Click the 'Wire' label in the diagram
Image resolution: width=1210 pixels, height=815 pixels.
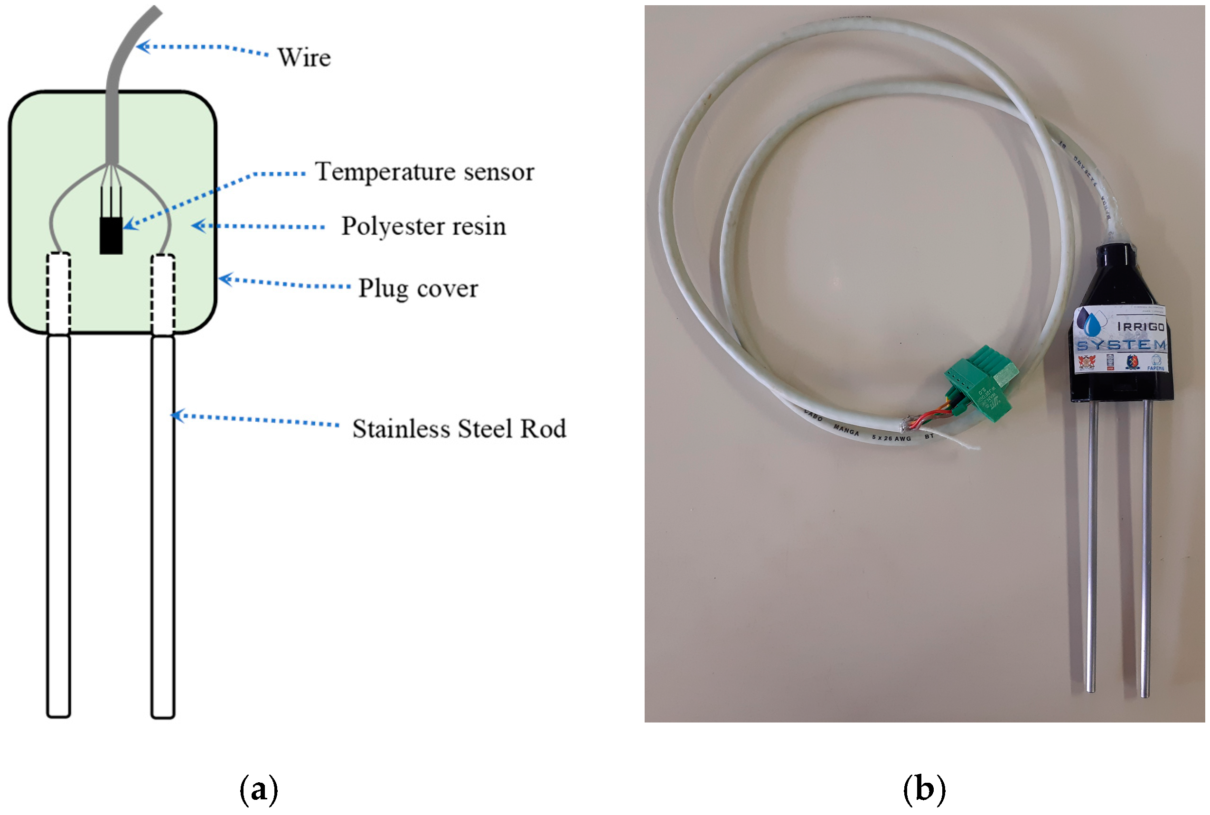(x=304, y=57)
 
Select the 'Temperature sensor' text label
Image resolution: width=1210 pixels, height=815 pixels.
(x=424, y=172)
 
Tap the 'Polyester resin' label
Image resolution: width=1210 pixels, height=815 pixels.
(x=423, y=227)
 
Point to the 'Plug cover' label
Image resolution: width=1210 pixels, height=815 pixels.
(x=418, y=288)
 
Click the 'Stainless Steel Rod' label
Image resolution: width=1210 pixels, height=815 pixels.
(x=459, y=429)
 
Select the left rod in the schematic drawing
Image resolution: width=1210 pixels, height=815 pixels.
(x=58, y=525)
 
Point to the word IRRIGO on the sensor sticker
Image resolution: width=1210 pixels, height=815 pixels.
(x=1141, y=326)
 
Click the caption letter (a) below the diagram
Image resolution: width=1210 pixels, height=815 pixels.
(x=258, y=789)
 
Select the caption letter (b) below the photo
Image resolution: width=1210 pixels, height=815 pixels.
(x=924, y=789)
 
